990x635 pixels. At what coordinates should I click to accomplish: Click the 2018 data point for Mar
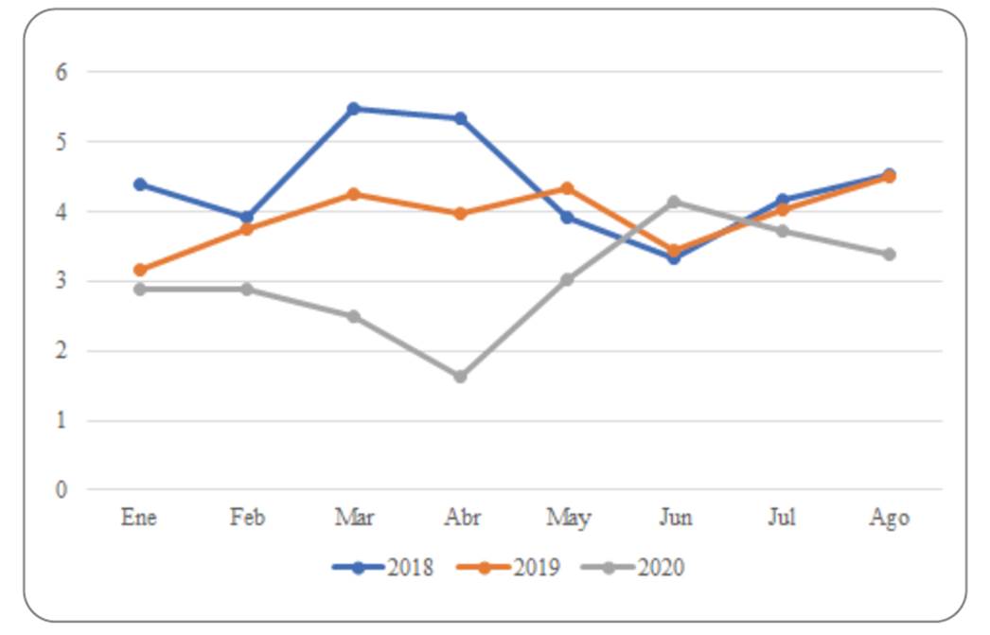pos(354,109)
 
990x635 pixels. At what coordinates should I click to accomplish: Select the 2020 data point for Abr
pos(461,377)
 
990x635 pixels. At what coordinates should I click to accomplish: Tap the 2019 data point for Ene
pos(140,270)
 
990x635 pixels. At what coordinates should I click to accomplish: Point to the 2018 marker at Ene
pos(140,184)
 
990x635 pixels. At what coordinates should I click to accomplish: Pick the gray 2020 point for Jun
pos(674,202)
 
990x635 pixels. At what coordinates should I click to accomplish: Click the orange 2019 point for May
pos(568,188)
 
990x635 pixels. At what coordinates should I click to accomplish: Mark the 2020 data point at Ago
pos(889,255)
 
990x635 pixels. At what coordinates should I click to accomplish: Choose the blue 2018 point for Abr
pos(461,118)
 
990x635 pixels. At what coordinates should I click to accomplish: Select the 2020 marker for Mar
pos(354,316)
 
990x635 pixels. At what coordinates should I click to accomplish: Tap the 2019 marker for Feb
pos(247,229)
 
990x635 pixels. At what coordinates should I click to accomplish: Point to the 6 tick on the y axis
pos(63,72)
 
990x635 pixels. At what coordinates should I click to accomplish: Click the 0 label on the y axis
pos(63,490)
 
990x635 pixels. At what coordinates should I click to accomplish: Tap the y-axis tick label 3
pos(63,281)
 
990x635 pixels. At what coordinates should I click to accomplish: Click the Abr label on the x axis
pos(461,518)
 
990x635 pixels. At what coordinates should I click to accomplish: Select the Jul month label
pos(782,518)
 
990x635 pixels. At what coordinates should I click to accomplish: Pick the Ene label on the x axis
pos(140,518)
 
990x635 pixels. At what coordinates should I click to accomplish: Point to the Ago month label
pos(889,519)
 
